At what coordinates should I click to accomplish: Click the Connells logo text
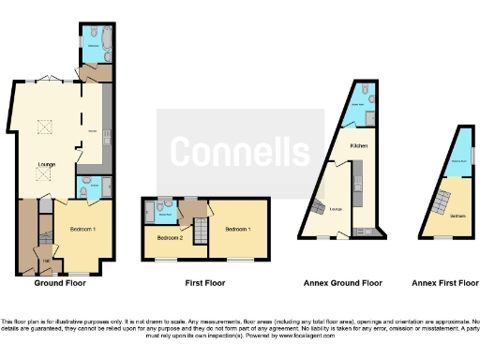point(239,151)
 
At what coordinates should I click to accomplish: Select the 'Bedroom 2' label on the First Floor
point(169,238)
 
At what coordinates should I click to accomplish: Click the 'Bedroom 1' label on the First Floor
point(238,229)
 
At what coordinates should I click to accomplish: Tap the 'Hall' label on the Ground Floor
point(47,262)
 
